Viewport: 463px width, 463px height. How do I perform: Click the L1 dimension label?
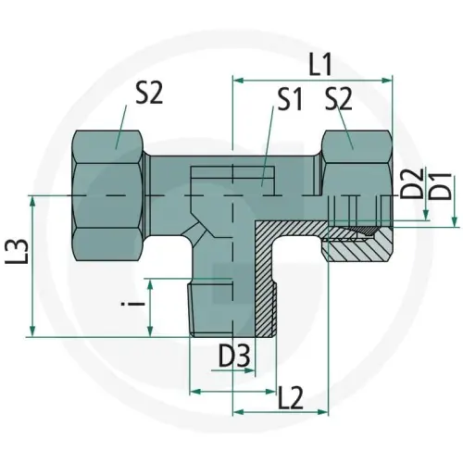[320, 65]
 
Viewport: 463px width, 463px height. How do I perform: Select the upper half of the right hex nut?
[353, 157]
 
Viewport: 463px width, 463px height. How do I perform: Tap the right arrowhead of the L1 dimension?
[391, 81]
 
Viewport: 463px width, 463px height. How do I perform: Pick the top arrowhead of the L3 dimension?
[34, 200]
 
